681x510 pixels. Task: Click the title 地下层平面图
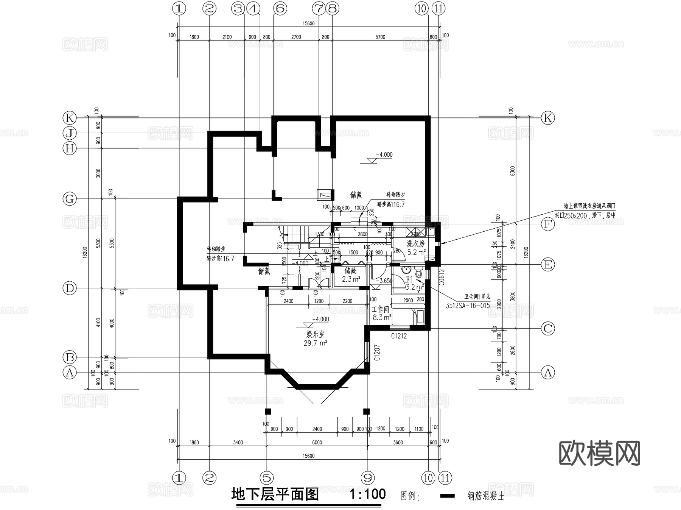pyautogui.click(x=275, y=494)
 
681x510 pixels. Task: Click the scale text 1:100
pyautogui.click(x=367, y=494)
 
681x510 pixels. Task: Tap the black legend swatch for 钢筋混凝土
pyautogui.click(x=448, y=496)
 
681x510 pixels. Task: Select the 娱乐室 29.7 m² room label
pyautogui.click(x=315, y=339)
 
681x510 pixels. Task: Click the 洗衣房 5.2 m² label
pyautogui.click(x=416, y=248)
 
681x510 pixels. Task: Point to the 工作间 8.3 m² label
pyautogui.click(x=381, y=313)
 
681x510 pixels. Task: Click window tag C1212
pyautogui.click(x=399, y=336)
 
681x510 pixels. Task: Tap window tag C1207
pyautogui.click(x=377, y=352)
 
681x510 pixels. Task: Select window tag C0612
pyautogui.click(x=442, y=277)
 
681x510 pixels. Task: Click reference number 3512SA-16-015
pyautogui.click(x=468, y=306)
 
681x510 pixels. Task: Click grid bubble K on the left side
pyautogui.click(x=70, y=118)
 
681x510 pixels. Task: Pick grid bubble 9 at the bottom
pyautogui.click(x=367, y=478)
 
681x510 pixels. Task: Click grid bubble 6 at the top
pyautogui.click(x=280, y=8)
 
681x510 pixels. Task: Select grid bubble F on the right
pyautogui.click(x=548, y=224)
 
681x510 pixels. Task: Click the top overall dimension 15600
pyautogui.click(x=309, y=23)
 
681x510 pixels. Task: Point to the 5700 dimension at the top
pyautogui.click(x=380, y=37)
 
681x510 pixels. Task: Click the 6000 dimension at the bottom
pyautogui.click(x=317, y=442)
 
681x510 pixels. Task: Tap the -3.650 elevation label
pyautogui.click(x=386, y=281)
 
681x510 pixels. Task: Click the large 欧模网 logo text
pyautogui.click(x=599, y=453)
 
